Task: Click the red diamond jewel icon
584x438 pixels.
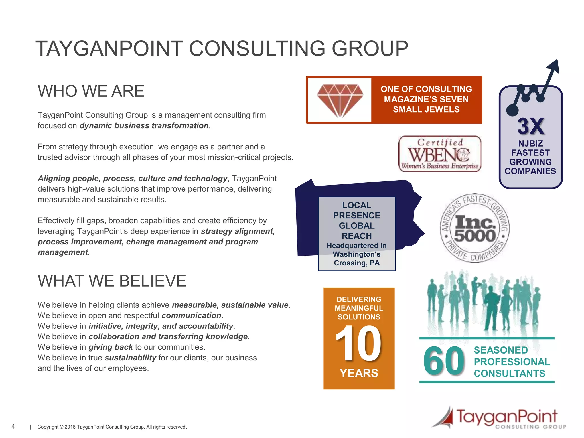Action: click(x=340, y=100)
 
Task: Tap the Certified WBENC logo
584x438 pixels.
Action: click(x=439, y=154)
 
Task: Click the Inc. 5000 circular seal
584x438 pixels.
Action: click(x=474, y=228)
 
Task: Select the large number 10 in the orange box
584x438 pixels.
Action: click(x=358, y=344)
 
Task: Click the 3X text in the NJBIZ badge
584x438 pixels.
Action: click(x=531, y=126)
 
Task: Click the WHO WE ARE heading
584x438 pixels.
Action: click(x=91, y=91)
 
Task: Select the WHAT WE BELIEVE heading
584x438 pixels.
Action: click(x=112, y=281)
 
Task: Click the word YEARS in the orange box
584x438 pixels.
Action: click(x=359, y=373)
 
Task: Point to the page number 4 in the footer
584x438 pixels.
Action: click(x=13, y=426)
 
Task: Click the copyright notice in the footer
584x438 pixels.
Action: click(x=112, y=427)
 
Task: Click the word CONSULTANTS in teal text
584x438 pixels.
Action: click(x=509, y=374)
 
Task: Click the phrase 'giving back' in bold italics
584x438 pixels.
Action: click(x=111, y=347)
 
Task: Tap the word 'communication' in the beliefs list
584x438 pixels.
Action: click(x=191, y=316)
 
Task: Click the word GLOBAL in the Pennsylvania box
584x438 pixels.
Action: click(x=357, y=226)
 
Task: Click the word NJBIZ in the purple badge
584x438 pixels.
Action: click(x=530, y=143)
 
